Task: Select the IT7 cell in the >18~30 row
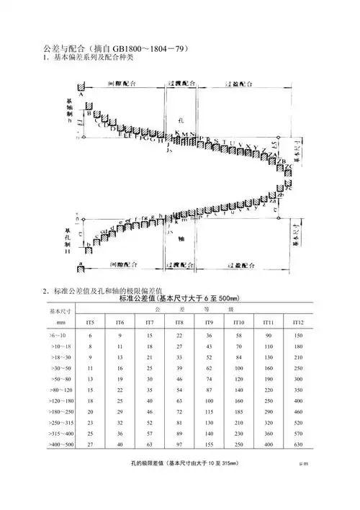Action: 149,357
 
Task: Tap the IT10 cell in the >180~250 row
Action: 238,413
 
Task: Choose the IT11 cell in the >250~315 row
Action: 267,424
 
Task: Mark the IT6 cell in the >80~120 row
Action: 120,390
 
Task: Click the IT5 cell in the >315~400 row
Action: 90,434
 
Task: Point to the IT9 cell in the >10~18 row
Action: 208,346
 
